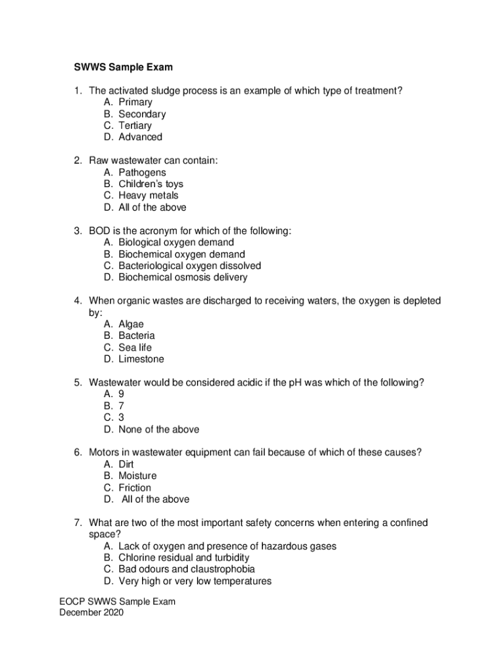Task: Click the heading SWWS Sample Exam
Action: tap(122, 67)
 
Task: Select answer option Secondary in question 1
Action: tap(142, 114)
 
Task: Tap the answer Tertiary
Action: tap(135, 126)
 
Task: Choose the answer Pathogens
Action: tap(142, 173)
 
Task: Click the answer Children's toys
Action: tap(151, 184)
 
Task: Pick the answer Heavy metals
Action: tap(148, 196)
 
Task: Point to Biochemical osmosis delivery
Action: tap(183, 277)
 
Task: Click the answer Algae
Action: tap(131, 325)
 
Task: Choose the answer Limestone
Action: tap(141, 359)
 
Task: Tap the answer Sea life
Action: tap(135, 347)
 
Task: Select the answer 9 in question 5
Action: tap(121, 395)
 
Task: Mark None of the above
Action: tap(158, 430)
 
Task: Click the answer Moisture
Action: tap(137, 476)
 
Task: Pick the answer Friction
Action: tap(135, 487)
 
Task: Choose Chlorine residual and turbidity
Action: tap(183, 557)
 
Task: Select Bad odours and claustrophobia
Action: tap(187, 569)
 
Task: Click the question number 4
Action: tap(77, 301)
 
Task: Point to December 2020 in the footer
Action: tap(91, 613)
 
